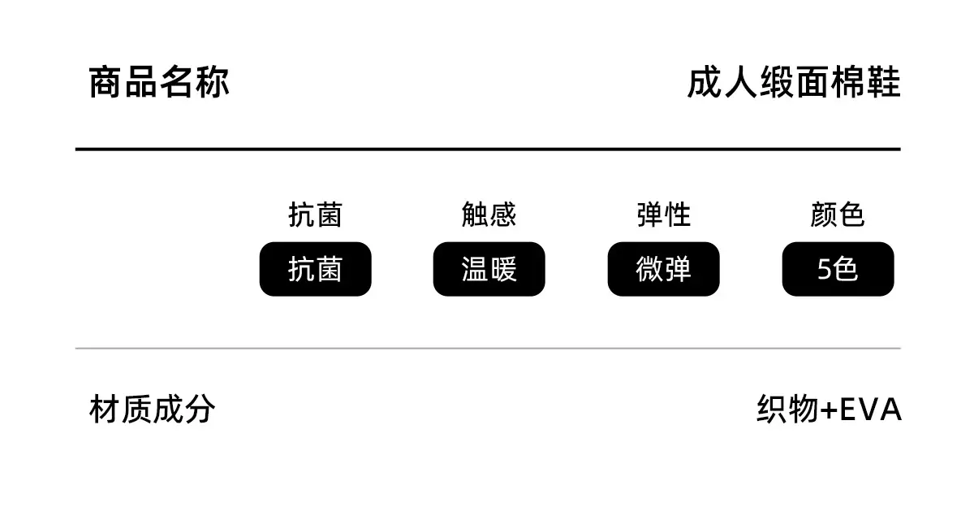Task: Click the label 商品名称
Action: click(159, 82)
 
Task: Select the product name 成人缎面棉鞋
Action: click(794, 82)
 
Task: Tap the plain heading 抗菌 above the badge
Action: click(315, 215)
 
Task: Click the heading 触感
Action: click(489, 215)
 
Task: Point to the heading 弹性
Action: click(664, 215)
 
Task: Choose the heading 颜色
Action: click(838, 215)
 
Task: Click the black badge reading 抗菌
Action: click(315, 269)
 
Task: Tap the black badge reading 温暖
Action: click(489, 269)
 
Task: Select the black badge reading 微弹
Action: click(664, 269)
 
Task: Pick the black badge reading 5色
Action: click(838, 269)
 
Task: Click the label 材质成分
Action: click(153, 409)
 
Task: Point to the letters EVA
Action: click(870, 410)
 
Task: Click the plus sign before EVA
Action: click(829, 410)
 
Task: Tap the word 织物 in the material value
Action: click(788, 409)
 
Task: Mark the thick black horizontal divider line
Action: click(488, 150)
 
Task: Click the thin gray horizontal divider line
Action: click(488, 349)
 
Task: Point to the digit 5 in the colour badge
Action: click(824, 270)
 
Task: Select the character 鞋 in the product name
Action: click(884, 82)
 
